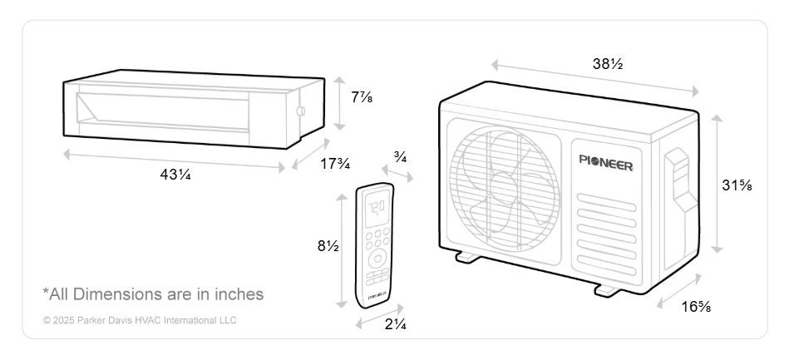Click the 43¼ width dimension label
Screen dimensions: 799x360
pos(175,175)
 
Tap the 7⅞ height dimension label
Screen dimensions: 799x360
pos(362,97)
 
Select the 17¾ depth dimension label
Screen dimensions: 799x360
pos(335,164)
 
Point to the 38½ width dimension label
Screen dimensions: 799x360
pos(608,64)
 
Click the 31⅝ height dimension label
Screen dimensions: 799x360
pos(737,185)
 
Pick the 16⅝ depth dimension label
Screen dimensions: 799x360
pos(696,307)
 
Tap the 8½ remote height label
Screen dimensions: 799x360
pos(328,246)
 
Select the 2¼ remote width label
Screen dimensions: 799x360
pos(396,323)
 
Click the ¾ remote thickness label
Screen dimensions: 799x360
pos(400,157)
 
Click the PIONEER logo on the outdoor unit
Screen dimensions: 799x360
pos(606,163)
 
